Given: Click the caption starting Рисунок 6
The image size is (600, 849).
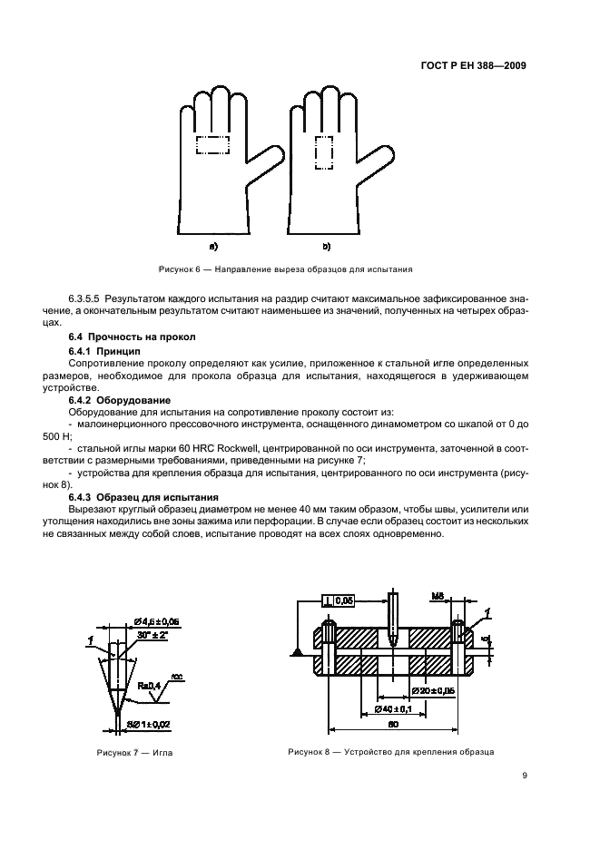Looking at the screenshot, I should (286, 269).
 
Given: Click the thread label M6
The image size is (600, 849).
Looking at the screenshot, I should (436, 599).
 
